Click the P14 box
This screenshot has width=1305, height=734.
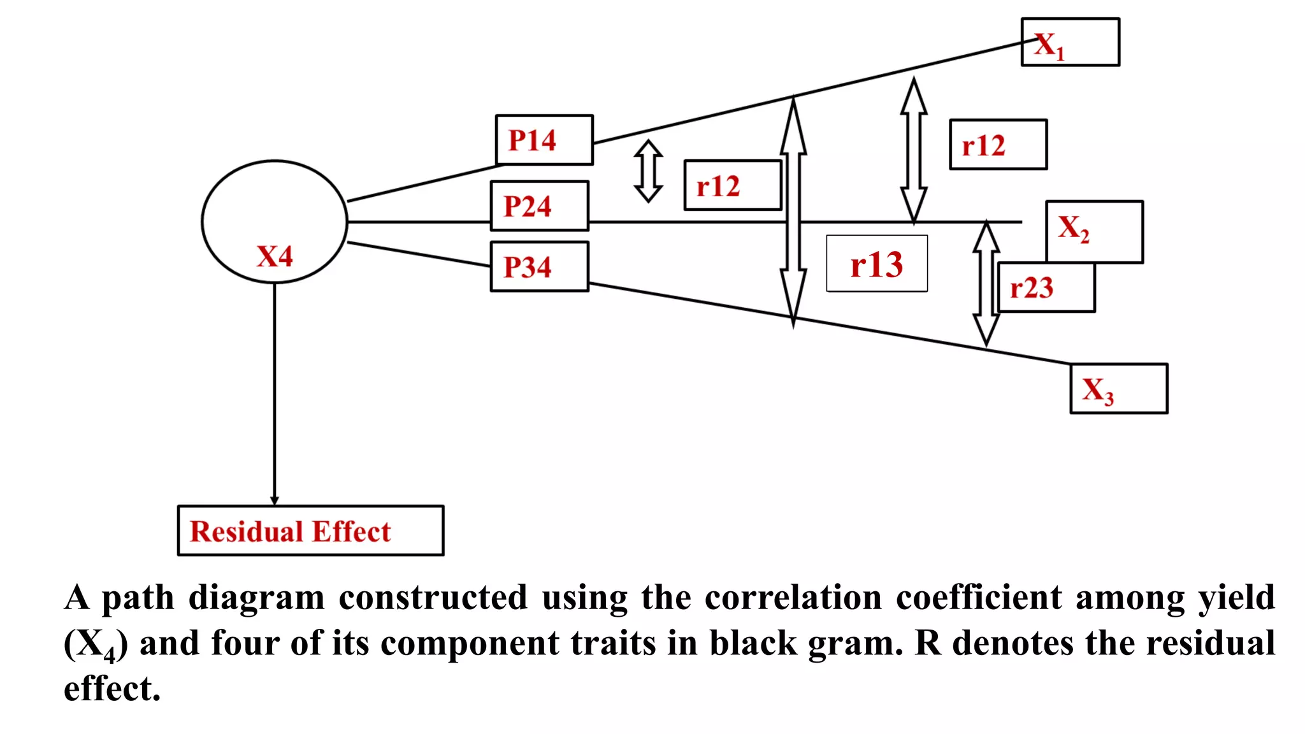[x=544, y=140]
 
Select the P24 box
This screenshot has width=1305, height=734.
[x=539, y=206]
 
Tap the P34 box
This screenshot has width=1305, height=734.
[x=539, y=266]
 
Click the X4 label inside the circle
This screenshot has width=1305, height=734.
[x=275, y=256]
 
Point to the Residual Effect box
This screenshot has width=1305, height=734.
[x=310, y=531]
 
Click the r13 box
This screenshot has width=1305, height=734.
[x=876, y=264]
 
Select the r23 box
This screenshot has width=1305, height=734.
[x=1045, y=288]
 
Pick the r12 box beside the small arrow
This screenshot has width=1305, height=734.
[x=732, y=185]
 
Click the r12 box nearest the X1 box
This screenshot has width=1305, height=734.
[x=998, y=145]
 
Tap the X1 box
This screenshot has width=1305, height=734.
[x=1070, y=42]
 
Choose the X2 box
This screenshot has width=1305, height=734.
[x=1094, y=231]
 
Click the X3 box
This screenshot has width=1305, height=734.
[x=1118, y=389]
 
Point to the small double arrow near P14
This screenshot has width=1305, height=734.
[x=649, y=171]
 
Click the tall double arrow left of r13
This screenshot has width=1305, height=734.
[x=793, y=213]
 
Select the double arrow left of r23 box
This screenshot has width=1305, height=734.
[x=986, y=284]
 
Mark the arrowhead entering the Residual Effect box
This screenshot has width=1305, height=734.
[x=275, y=500]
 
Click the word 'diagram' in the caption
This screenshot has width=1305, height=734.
[x=256, y=598]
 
